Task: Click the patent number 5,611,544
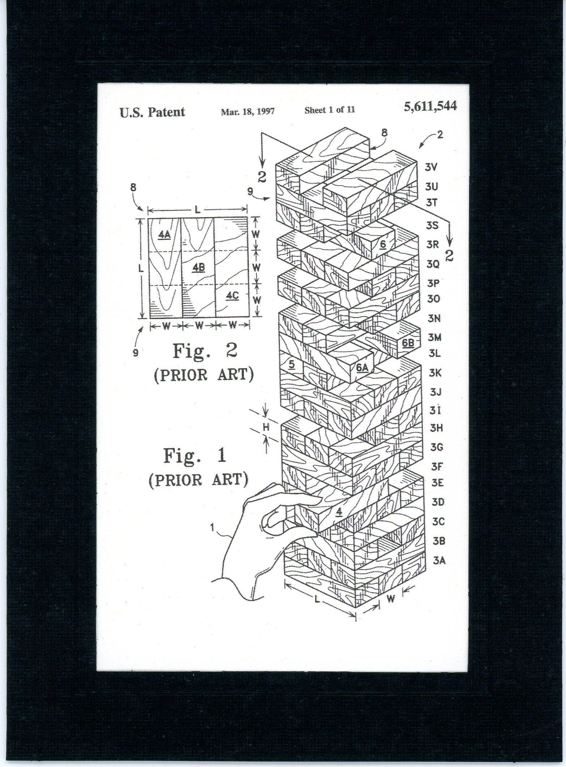pyautogui.click(x=430, y=106)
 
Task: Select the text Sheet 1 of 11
pyautogui.click(x=329, y=110)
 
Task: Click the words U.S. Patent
pyautogui.click(x=152, y=112)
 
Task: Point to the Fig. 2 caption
pyautogui.click(x=205, y=351)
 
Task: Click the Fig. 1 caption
pyautogui.click(x=195, y=455)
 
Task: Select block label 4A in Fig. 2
pyautogui.click(x=164, y=235)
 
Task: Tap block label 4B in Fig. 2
pyautogui.click(x=199, y=267)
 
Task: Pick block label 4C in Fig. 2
pyautogui.click(x=232, y=296)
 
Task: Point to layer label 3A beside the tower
pyautogui.click(x=439, y=561)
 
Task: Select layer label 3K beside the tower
pyautogui.click(x=435, y=373)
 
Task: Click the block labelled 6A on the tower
pyautogui.click(x=362, y=367)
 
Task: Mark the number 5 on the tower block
pyautogui.click(x=291, y=365)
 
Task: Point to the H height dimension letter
pyautogui.click(x=266, y=428)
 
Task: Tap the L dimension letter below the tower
pyautogui.click(x=317, y=600)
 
